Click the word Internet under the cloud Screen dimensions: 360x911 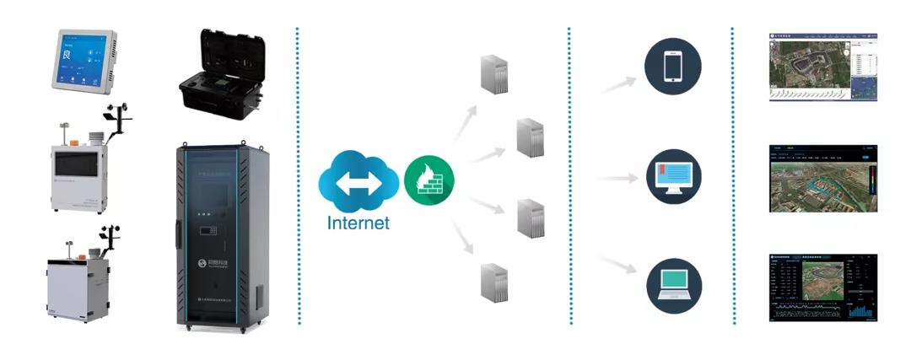click(x=358, y=223)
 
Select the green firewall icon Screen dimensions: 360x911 click(x=429, y=180)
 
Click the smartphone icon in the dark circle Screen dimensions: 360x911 click(x=673, y=67)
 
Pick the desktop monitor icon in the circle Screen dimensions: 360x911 click(x=673, y=175)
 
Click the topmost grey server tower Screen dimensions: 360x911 click(x=493, y=74)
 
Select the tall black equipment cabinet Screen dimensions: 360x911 click(x=219, y=236)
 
